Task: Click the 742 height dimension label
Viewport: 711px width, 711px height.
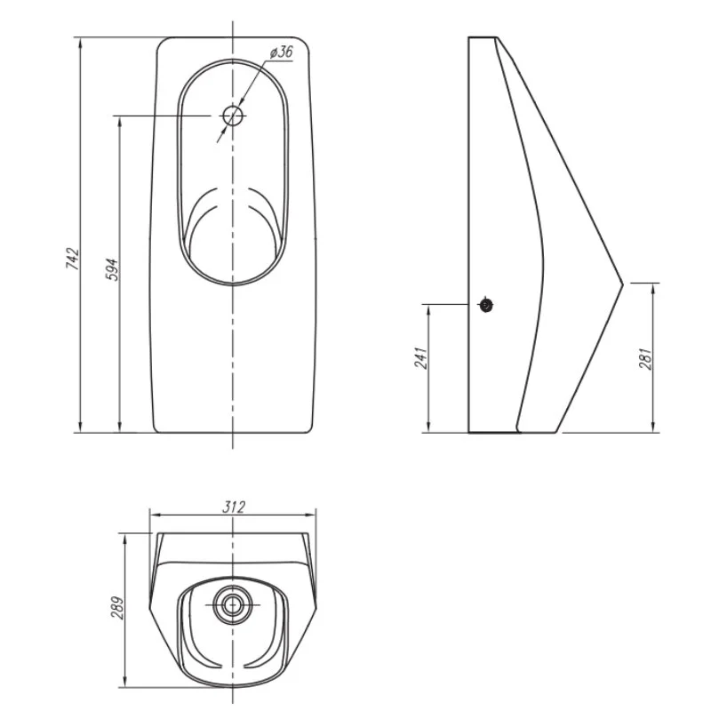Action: click(x=73, y=259)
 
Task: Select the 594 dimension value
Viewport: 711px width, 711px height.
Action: click(x=112, y=270)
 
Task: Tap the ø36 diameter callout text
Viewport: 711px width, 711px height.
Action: click(x=282, y=52)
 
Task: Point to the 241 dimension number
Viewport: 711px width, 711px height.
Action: click(x=420, y=358)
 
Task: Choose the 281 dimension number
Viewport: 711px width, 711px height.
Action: click(x=645, y=359)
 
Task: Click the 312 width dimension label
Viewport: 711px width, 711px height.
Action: click(x=234, y=507)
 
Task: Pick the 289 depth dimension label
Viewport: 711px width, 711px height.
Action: click(x=117, y=608)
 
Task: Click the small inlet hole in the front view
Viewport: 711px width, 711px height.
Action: click(x=233, y=116)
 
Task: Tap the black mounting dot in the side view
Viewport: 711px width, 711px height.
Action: click(x=486, y=305)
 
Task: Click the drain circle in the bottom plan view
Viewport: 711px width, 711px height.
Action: click(x=233, y=605)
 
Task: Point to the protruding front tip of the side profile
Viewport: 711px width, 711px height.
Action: click(x=623, y=284)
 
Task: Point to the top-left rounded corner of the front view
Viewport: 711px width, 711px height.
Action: click(x=162, y=42)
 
